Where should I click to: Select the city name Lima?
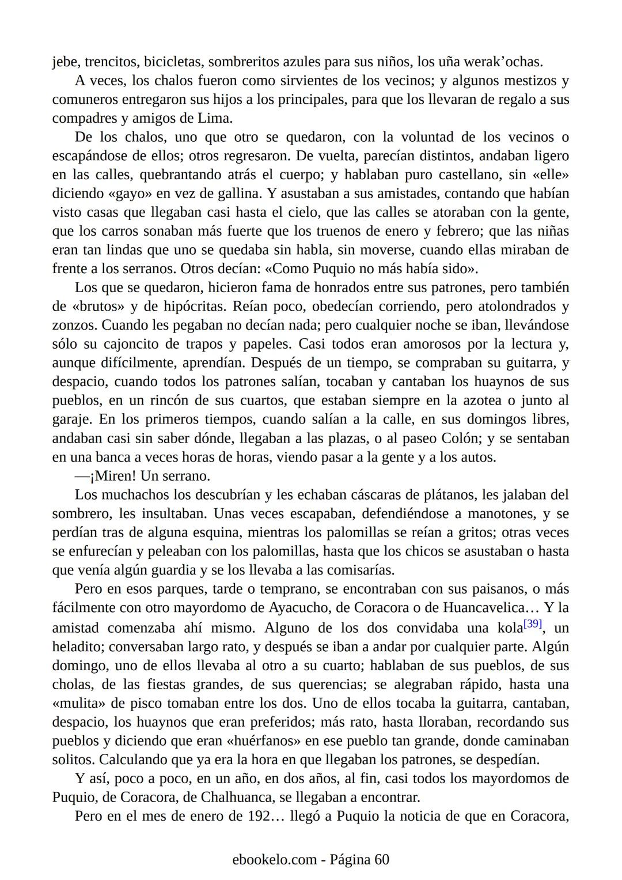tap(215, 119)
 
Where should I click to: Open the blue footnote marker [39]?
tap(533, 624)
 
